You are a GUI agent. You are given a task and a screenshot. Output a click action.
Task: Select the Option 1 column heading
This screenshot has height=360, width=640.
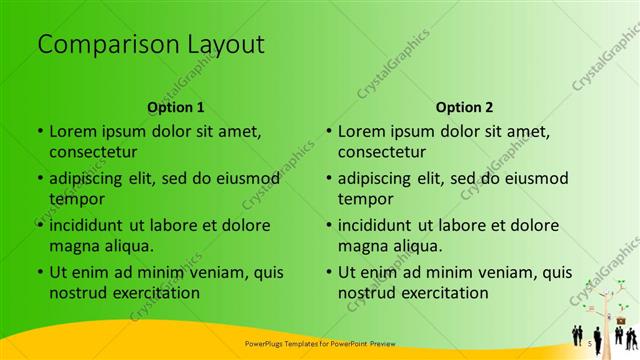pos(176,107)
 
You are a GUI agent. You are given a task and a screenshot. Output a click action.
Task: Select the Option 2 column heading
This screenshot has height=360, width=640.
pos(465,107)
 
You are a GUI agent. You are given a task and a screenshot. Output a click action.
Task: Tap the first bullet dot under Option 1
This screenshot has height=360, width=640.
pos(40,131)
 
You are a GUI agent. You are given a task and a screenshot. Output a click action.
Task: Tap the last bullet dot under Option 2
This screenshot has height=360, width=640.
pos(329,272)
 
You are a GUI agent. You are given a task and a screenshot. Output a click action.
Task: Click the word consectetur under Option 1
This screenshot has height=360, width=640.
pos(93,152)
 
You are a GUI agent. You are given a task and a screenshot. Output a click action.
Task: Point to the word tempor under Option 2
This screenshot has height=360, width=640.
pos(366,199)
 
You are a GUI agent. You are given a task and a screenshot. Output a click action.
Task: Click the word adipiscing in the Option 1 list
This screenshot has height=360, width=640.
pos(92,178)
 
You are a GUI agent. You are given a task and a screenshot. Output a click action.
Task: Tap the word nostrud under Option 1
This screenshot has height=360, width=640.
pos(77,293)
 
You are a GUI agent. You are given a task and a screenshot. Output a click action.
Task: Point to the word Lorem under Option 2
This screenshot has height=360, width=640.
pos(361,131)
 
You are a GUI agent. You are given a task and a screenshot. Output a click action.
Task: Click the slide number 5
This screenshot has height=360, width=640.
pos(590,343)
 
